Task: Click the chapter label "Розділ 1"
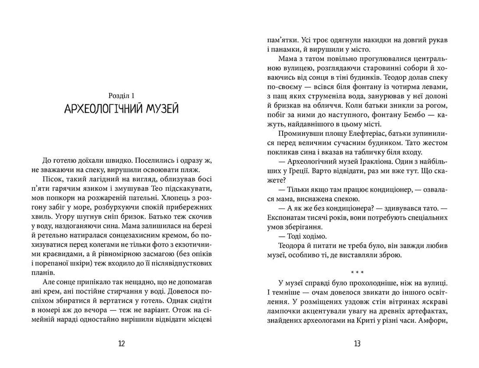pos(121,94)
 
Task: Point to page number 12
pos(121,344)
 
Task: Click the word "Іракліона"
pos(376,162)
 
